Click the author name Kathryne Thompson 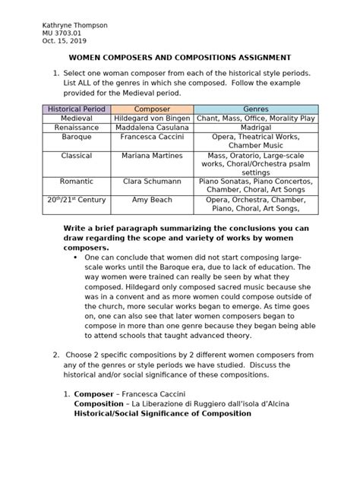pos(75,25)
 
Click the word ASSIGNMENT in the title pos(257,58)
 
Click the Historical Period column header pos(77,109)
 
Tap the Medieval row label pos(77,119)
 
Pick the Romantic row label pos(77,182)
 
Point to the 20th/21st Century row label pos(77,199)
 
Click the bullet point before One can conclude pos(77,257)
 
